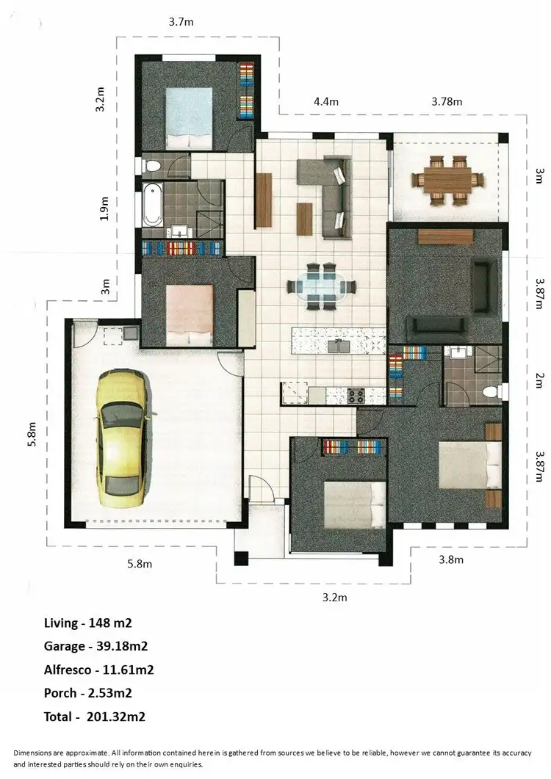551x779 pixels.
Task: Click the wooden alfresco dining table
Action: pos(448,178)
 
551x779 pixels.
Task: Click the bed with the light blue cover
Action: pos(189,117)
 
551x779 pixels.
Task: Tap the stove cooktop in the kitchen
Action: pos(356,396)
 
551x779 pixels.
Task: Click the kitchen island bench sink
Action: pos(339,344)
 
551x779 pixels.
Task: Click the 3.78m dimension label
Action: pos(447,101)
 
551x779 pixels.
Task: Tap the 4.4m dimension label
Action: pos(325,101)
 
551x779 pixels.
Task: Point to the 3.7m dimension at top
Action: pos(181,23)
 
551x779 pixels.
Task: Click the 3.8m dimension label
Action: pos(450,559)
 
